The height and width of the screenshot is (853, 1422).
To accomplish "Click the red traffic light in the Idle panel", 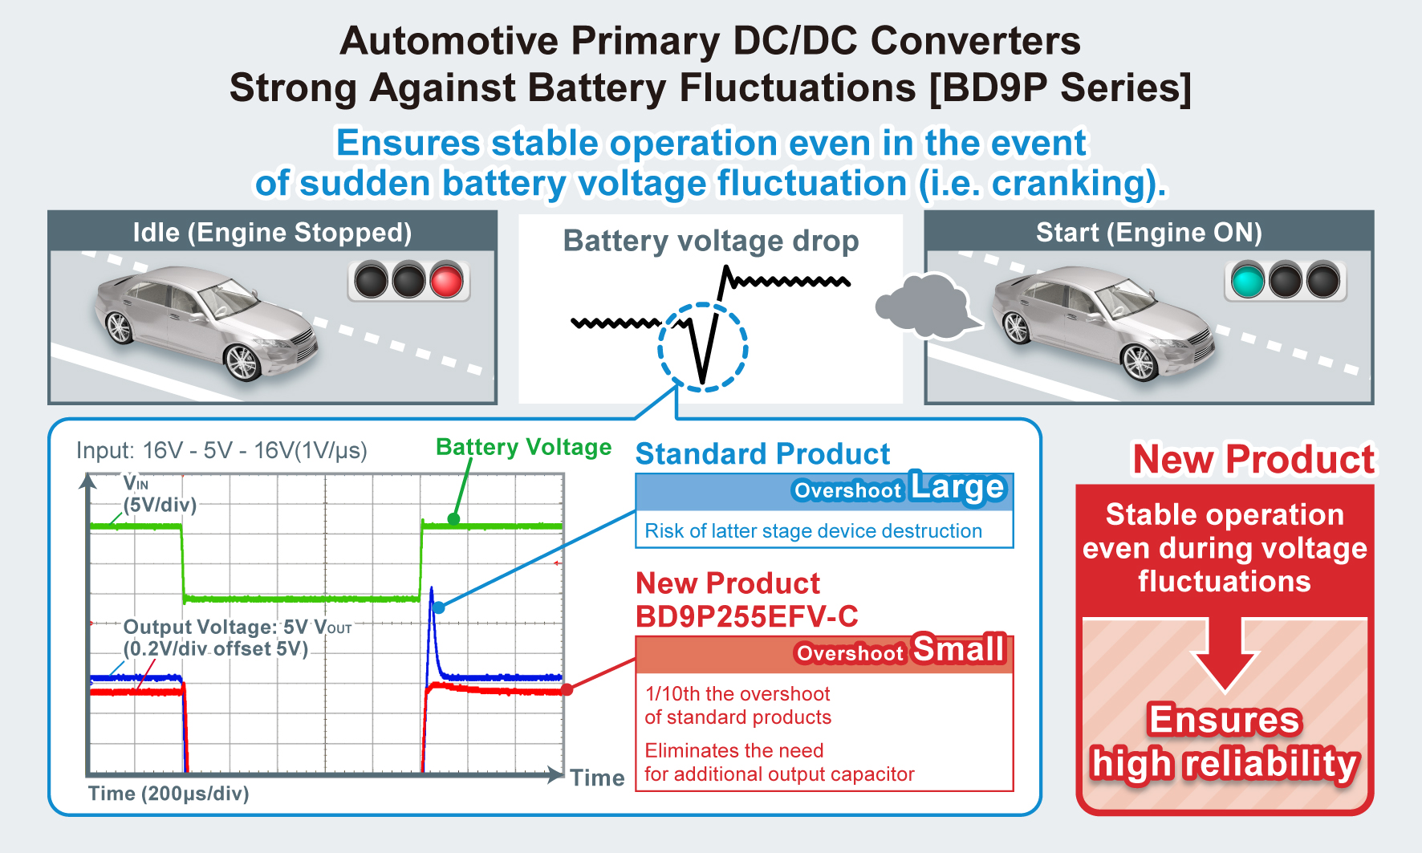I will click(x=446, y=281).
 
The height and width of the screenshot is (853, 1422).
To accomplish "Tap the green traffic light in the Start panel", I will click(x=1247, y=281).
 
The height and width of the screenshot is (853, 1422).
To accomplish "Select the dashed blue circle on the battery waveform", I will click(x=703, y=347).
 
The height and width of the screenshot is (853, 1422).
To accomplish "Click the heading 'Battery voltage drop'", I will click(x=710, y=241).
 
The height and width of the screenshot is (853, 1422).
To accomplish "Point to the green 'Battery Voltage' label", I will click(x=523, y=447).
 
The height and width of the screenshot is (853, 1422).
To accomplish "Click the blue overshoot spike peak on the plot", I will click(x=432, y=591).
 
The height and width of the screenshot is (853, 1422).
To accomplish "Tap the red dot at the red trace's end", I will click(x=567, y=689).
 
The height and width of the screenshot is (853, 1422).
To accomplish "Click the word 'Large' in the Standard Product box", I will click(x=957, y=487).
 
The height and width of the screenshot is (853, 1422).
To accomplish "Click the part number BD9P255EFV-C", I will click(x=746, y=616).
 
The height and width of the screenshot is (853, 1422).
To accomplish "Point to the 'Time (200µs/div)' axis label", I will click(x=169, y=794).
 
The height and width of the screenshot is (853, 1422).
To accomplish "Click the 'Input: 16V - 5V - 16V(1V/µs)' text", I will click(x=221, y=450).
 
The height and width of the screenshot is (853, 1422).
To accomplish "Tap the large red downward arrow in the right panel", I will click(x=1225, y=653).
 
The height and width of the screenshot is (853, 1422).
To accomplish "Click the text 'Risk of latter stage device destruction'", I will click(x=813, y=531).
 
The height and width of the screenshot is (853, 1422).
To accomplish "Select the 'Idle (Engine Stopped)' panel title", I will click(x=272, y=233).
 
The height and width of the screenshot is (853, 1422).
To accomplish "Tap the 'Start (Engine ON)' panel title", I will click(x=1148, y=233).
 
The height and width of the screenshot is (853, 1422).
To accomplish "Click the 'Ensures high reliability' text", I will click(x=1225, y=741).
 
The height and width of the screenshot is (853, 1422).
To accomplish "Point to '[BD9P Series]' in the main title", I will click(x=1059, y=87).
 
